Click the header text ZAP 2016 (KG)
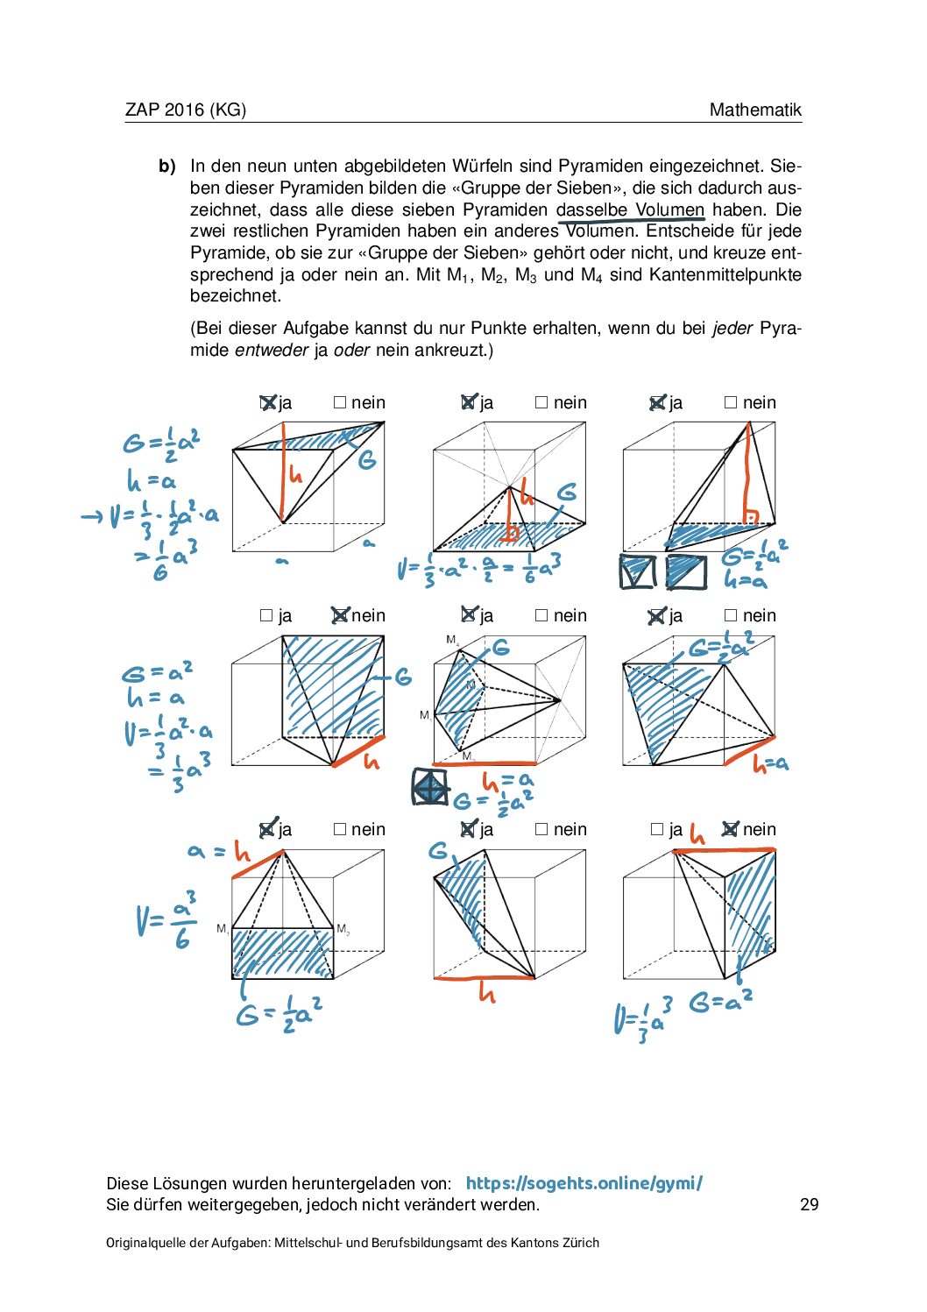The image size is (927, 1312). (x=186, y=110)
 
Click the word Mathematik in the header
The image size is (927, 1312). (x=755, y=110)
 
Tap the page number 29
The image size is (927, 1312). (x=809, y=1204)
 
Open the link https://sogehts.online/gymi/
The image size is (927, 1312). (x=584, y=1183)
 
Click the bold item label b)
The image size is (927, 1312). (x=167, y=166)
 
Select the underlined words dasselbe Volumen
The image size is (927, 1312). (x=630, y=209)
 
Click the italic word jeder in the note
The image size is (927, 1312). (x=732, y=328)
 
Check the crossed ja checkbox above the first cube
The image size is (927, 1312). (x=268, y=402)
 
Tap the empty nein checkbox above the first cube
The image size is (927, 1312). (x=340, y=402)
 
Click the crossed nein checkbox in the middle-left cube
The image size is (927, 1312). (x=340, y=615)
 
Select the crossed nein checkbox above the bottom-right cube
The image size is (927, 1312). (x=730, y=829)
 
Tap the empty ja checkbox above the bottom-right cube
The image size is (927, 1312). (x=657, y=829)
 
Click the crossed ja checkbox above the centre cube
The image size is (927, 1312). (x=469, y=615)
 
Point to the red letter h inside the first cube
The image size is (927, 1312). (x=295, y=475)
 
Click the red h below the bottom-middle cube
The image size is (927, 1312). (x=487, y=993)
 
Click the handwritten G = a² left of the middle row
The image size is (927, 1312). (x=158, y=673)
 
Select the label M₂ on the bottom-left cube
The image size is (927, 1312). (x=343, y=929)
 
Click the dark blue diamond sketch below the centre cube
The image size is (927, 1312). (x=429, y=787)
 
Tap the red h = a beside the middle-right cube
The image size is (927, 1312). (x=771, y=764)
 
